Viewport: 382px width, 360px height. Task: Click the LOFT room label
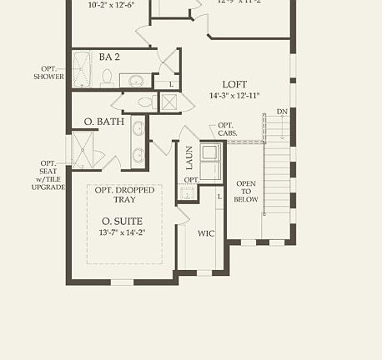point(234,84)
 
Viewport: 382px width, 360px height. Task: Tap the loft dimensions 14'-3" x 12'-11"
point(234,96)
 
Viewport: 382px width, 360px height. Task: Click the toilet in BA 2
point(107,79)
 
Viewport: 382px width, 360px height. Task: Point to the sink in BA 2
point(136,81)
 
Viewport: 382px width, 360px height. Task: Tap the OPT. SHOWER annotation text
point(48,72)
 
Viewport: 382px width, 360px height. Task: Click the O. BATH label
point(104,122)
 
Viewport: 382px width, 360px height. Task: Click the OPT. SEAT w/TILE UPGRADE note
point(48,175)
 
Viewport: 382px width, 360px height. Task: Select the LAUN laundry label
point(188,156)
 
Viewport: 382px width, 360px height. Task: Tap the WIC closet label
point(206,234)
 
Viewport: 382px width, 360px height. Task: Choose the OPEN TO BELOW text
point(246,192)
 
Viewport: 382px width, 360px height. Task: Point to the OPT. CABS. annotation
point(227,129)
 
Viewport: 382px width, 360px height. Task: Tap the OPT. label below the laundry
point(191,180)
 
